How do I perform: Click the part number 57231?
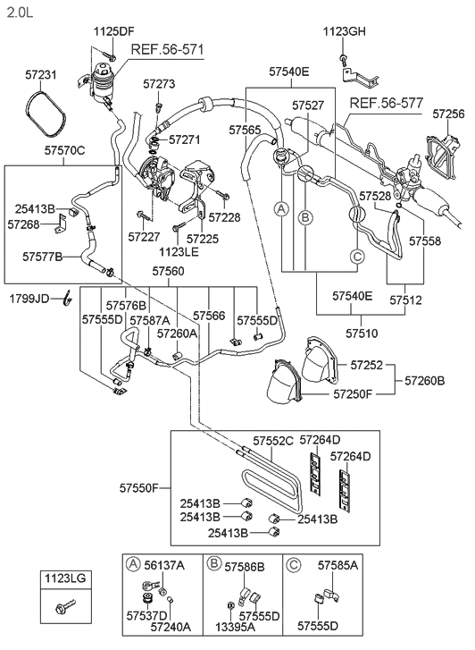[40, 75]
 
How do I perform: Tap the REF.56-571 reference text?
[167, 50]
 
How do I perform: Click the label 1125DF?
[114, 31]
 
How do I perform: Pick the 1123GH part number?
[344, 31]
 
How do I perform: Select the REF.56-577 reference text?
[387, 103]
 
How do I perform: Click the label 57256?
[448, 114]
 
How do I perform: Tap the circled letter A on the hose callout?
[281, 209]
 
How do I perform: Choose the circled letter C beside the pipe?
[357, 257]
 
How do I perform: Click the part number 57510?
[362, 333]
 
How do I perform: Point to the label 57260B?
[424, 380]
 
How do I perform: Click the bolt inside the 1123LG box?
[65, 607]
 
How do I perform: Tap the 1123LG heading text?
[65, 578]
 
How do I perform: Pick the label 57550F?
[139, 488]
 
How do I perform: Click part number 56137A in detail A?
[164, 564]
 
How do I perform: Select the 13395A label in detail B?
[235, 627]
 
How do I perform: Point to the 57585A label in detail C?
[337, 564]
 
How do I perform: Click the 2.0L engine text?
[20, 13]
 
